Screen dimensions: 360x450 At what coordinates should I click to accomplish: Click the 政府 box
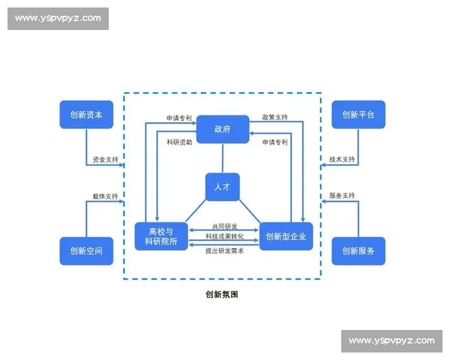223,130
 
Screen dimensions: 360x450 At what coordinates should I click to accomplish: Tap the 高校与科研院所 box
161,236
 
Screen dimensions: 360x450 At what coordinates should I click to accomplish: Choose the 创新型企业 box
285,236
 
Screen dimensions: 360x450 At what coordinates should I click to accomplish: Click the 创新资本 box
86,115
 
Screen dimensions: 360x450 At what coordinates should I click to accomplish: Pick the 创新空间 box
86,250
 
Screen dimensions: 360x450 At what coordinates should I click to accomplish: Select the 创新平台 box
358,115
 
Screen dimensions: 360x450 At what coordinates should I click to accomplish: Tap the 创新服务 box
358,250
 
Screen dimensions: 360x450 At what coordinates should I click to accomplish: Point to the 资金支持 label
105,160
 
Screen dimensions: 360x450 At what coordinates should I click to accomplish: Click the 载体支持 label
105,196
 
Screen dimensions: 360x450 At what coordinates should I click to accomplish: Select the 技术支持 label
342,160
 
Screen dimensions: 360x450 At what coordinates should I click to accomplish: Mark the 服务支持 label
342,196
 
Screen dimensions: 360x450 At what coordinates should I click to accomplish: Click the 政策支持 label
274,118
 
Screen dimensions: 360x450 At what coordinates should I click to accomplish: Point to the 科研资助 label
179,142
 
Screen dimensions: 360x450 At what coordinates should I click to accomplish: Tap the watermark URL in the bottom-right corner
391,341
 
